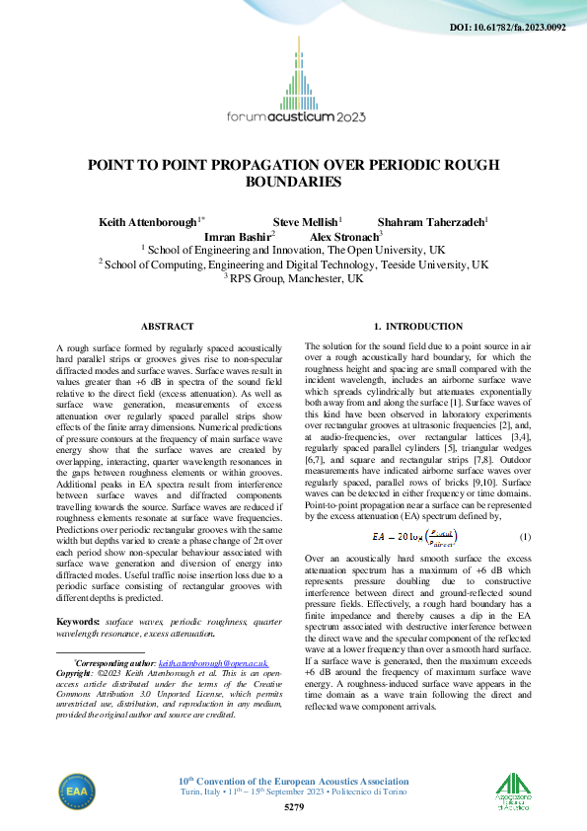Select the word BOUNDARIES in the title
293,182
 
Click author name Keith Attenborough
151,223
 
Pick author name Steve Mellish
306,223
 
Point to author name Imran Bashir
238,238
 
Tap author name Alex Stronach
344,238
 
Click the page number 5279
293,808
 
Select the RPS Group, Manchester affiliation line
293,279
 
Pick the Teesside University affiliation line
293,265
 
